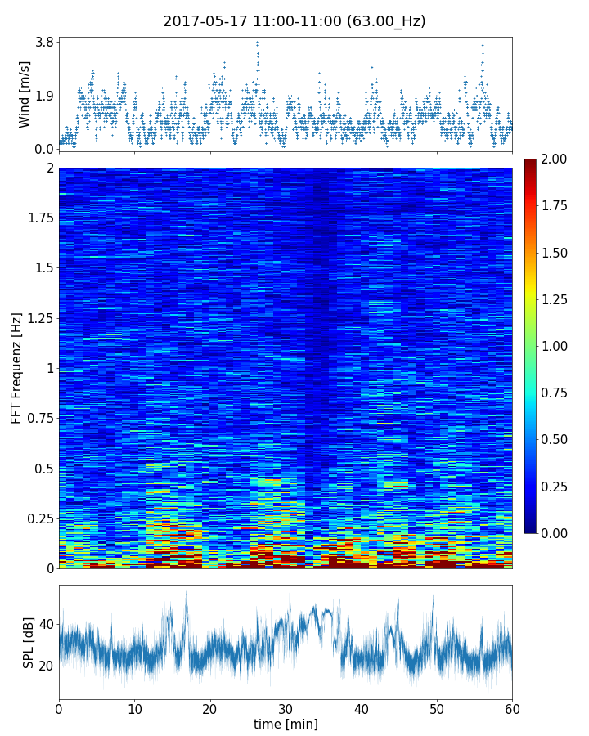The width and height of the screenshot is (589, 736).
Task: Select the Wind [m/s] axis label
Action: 25,95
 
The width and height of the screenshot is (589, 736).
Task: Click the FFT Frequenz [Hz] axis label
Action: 16,367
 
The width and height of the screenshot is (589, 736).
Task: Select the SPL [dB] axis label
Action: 29,642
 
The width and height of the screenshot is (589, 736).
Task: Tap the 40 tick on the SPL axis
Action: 47,624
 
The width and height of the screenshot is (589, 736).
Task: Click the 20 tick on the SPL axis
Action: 47,666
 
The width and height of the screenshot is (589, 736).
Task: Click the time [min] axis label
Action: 286,724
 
